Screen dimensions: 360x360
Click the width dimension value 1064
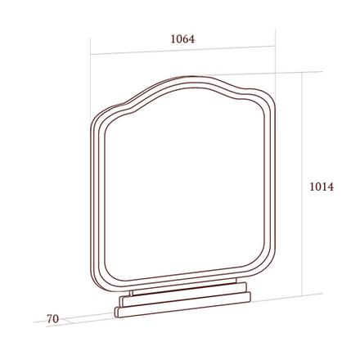(x=182, y=39)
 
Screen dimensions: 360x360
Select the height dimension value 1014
(x=322, y=187)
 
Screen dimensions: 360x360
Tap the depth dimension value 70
(x=52, y=319)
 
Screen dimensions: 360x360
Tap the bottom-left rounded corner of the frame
(x=100, y=281)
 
